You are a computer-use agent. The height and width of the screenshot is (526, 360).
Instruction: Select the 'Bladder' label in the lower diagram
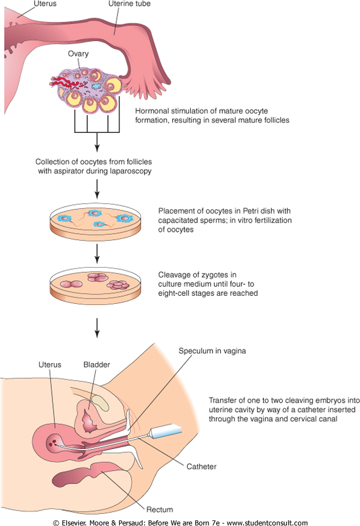point(96,365)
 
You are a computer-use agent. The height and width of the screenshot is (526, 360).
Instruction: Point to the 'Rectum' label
point(160,510)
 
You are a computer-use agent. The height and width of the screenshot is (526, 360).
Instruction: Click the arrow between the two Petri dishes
point(97,251)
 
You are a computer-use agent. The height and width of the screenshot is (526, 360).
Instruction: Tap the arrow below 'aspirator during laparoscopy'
point(97,187)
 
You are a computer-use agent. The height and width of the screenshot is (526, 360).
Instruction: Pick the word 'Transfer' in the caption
point(222,400)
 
